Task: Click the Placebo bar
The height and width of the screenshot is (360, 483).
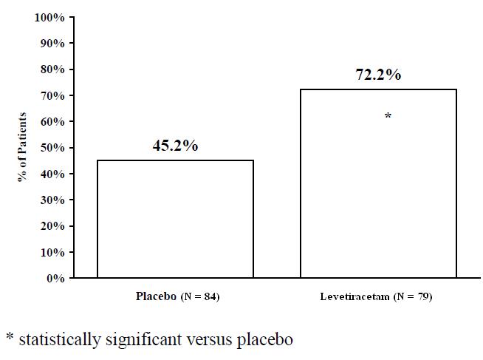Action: (175, 219)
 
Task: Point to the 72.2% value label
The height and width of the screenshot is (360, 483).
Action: (378, 75)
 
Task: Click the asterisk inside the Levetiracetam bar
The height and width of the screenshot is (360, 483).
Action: (388, 117)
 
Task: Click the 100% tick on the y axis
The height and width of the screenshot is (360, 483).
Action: (51, 17)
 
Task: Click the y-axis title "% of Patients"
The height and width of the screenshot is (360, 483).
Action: (23, 147)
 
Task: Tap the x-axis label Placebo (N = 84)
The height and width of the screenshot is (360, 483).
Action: (178, 297)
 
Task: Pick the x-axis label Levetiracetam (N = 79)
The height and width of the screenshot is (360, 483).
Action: (376, 297)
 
